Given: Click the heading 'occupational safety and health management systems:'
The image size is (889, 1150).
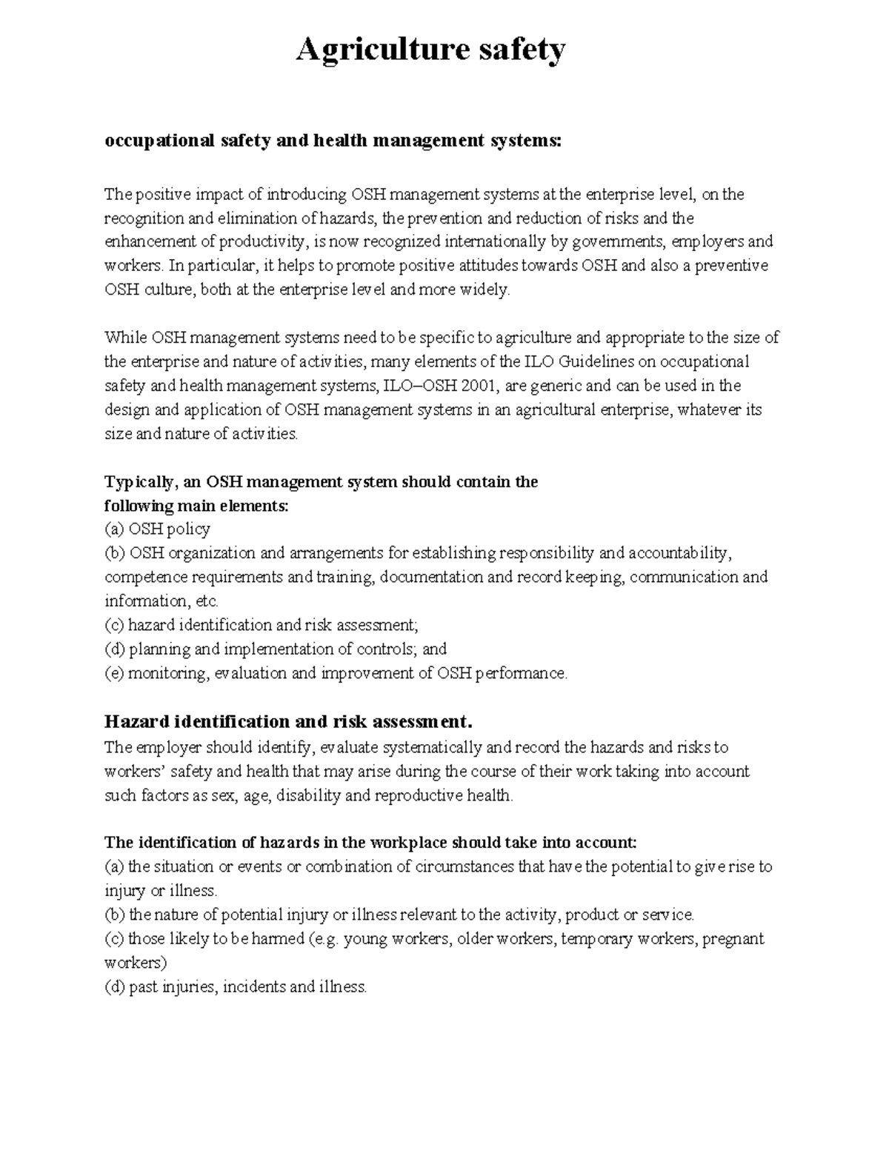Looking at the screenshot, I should (333, 140).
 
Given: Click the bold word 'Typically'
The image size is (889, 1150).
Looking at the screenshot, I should (139, 482).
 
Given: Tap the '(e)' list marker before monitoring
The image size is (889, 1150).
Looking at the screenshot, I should (114, 673).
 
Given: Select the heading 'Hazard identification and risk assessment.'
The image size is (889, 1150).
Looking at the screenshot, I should (287, 721).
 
